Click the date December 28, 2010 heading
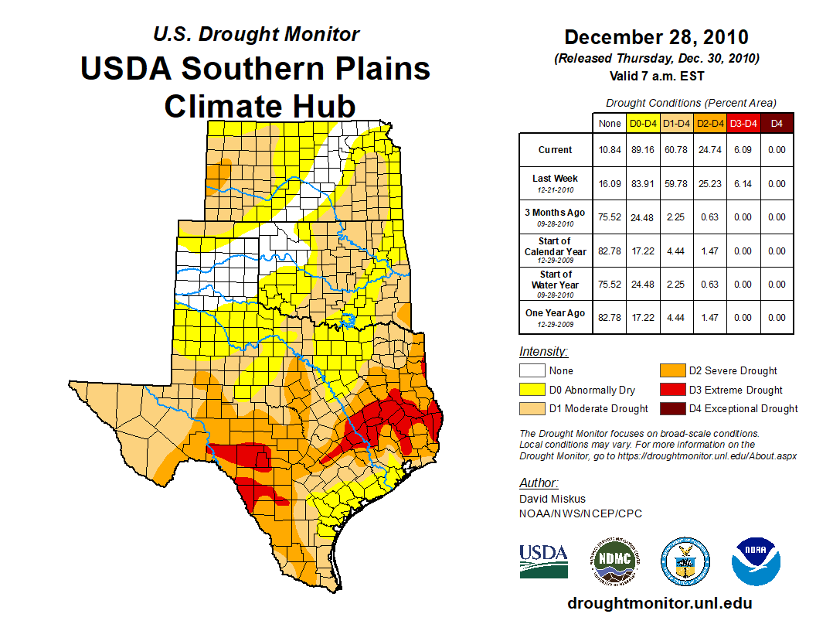click(656, 37)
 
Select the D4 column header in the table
click(777, 123)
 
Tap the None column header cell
click(610, 123)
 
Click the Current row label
click(556, 150)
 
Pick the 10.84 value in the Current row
click(610, 150)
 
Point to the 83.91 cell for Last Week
click(644, 184)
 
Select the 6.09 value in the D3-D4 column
click(743, 150)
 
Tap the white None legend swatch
click(531, 371)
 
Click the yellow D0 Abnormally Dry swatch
click(531, 390)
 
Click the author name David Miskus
click(552, 499)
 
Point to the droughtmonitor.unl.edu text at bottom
click(659, 603)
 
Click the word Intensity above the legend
click(543, 352)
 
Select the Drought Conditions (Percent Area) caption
click(691, 103)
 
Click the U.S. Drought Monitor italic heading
click(256, 34)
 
